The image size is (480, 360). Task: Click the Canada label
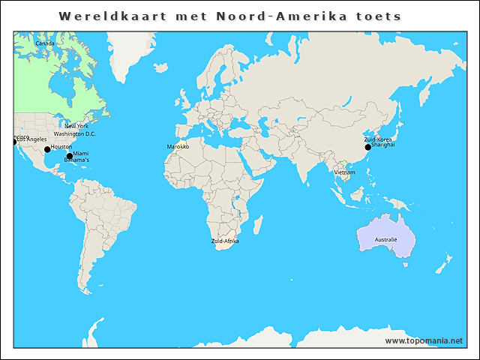pyautogui.click(x=44, y=43)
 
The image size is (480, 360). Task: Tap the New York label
pyautogui.click(x=76, y=126)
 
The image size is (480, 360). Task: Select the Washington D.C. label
pyautogui.click(x=74, y=133)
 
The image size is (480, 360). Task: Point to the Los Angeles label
pyautogui.click(x=32, y=139)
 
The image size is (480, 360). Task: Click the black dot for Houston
pyautogui.click(x=47, y=149)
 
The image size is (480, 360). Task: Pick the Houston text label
pyautogui.click(x=61, y=147)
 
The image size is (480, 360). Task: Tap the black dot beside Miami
pyautogui.click(x=69, y=156)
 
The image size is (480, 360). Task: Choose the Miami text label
pyautogui.click(x=81, y=154)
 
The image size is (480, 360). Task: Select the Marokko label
pyautogui.click(x=178, y=147)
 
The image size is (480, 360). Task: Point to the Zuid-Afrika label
pyautogui.click(x=225, y=241)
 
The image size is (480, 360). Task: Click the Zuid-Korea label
pyautogui.click(x=378, y=139)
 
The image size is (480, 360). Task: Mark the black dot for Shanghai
pyautogui.click(x=367, y=147)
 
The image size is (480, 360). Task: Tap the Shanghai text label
pyautogui.click(x=383, y=145)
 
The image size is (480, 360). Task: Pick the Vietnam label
pyautogui.click(x=345, y=172)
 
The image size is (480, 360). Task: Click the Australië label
pyautogui.click(x=385, y=240)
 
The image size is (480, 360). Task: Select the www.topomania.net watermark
pyautogui.click(x=424, y=340)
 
